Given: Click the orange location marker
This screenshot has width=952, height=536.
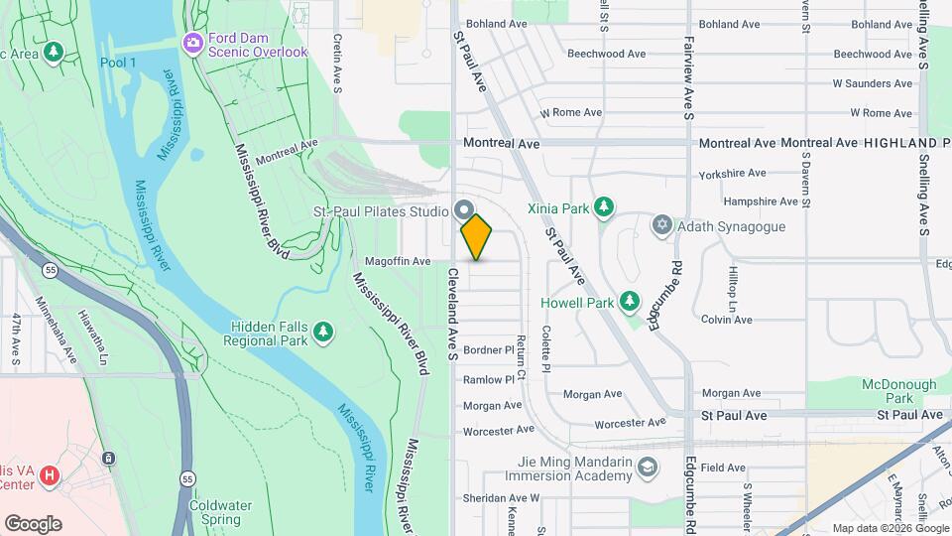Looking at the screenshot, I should pyautogui.click(x=476, y=236).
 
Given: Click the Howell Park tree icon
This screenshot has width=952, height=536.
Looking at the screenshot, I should pyautogui.click(x=628, y=301).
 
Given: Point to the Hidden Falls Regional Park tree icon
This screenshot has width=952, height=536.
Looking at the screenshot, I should pyautogui.click(x=322, y=333).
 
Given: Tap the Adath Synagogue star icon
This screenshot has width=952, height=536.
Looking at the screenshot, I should pyautogui.click(x=661, y=226).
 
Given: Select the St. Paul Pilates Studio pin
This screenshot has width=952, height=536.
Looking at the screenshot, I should pyautogui.click(x=463, y=210).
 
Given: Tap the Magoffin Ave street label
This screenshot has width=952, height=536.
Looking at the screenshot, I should pyautogui.click(x=398, y=261).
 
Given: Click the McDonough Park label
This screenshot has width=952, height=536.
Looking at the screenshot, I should pyautogui.click(x=898, y=391).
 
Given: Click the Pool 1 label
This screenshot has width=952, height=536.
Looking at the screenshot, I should pyautogui.click(x=118, y=63).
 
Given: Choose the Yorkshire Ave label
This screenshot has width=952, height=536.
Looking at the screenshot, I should pyautogui.click(x=732, y=173).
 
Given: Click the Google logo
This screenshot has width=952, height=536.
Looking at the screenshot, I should pyautogui.click(x=33, y=523).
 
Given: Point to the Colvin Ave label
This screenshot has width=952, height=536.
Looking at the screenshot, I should pyautogui.click(x=726, y=320).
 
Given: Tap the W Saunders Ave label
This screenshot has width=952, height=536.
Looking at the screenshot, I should pyautogui.click(x=872, y=83).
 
